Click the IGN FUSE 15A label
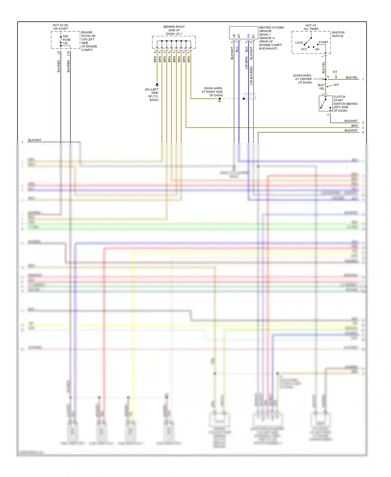(x=66, y=40)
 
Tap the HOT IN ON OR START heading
(x=60, y=27)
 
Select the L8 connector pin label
(x=59, y=53)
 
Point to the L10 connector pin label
(x=68, y=53)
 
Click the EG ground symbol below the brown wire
(x=157, y=85)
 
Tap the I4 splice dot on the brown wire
(x=219, y=99)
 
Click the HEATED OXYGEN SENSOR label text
(x=271, y=29)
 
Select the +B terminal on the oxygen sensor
(x=234, y=36)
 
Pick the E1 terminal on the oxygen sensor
(x=253, y=36)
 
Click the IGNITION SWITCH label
(x=338, y=34)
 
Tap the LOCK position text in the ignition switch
(x=299, y=43)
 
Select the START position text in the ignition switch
(x=323, y=42)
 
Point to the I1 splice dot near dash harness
(x=326, y=79)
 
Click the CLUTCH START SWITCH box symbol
(x=325, y=103)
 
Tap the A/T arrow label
(x=335, y=72)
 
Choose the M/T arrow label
(x=336, y=85)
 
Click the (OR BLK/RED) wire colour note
(x=251, y=75)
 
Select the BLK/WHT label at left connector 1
(x=34, y=140)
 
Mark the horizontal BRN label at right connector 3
(x=354, y=126)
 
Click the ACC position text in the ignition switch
(x=304, y=49)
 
